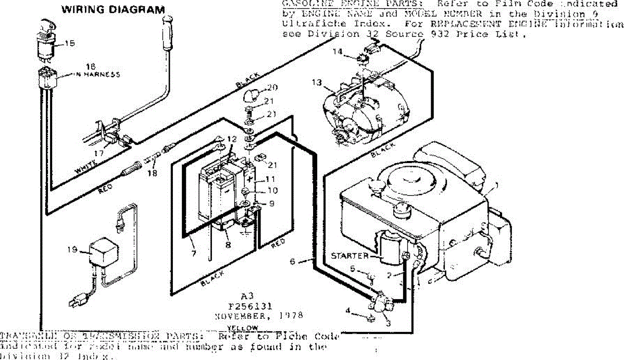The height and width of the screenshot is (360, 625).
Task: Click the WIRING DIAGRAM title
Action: [113, 9]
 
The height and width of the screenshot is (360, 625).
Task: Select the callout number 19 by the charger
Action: [72, 249]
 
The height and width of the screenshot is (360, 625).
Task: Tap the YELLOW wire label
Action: [243, 327]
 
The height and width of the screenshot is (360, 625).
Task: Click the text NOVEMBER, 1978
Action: [258, 316]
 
